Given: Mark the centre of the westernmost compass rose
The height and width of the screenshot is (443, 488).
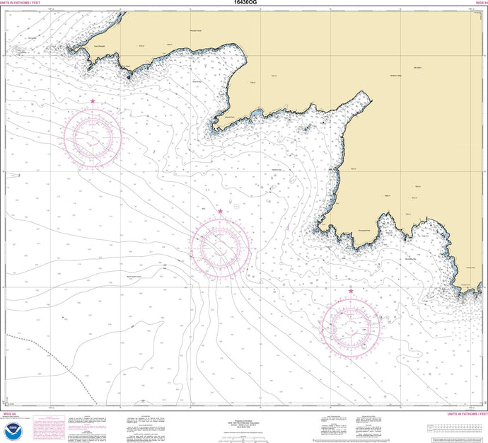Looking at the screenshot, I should click(93, 134).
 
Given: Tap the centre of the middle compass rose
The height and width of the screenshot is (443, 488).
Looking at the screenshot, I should click(221, 245).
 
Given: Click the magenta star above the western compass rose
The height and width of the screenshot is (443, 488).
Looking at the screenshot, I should click(93, 102).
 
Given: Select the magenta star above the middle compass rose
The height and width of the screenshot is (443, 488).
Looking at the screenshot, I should click(221, 212).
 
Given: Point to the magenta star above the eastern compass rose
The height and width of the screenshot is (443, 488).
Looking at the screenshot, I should click(351, 291).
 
